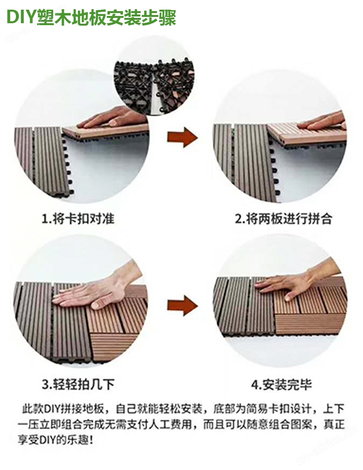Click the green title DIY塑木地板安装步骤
coord(91,17)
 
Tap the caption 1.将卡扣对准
coord(78,219)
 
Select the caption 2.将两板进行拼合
coord(284,219)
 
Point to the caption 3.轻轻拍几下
coord(78,384)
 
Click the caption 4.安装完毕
coord(282,384)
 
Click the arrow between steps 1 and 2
coord(182,137)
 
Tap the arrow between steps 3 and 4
coord(182,306)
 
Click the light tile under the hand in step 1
coord(106,132)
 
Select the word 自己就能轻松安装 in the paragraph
coord(159,409)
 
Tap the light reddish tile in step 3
coord(117,323)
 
